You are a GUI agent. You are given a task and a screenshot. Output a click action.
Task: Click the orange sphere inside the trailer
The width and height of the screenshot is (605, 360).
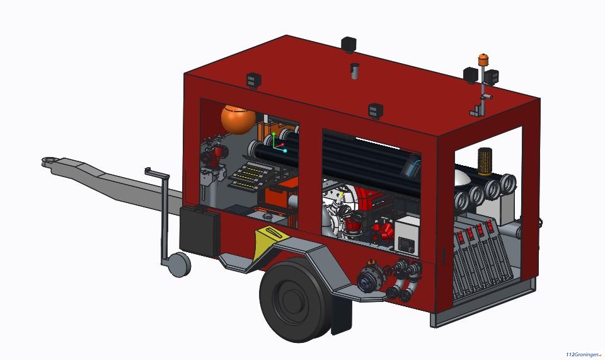pyautogui.click(x=238, y=119)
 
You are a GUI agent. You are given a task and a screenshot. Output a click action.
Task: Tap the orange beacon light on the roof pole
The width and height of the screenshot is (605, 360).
pyautogui.click(x=483, y=60)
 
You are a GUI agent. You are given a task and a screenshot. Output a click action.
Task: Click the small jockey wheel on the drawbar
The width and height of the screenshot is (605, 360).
pyautogui.click(x=180, y=264)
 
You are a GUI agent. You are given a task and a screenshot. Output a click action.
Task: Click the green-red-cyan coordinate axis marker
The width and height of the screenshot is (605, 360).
pyautogui.click(x=279, y=142)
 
